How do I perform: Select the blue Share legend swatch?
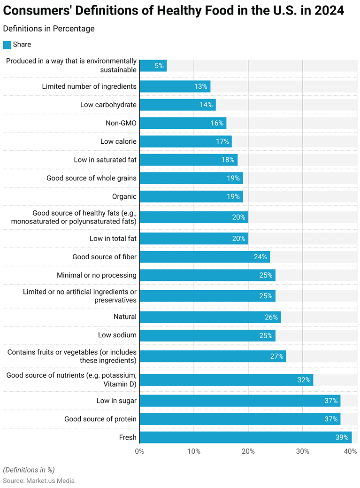7,45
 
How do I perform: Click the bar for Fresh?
245,437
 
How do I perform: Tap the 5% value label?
159,66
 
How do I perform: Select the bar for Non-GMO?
183,123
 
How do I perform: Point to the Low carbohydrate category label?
108,105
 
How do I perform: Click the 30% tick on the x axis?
302,451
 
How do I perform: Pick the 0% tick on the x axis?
139,451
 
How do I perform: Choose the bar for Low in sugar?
239,401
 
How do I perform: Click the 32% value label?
304,380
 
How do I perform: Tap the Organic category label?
124,196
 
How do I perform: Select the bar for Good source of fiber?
205,257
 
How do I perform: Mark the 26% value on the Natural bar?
271,317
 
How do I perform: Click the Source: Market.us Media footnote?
39,480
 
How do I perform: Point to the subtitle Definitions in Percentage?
49,29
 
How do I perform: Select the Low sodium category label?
117,335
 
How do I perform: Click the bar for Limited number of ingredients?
175,86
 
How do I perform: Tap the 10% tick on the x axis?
194,451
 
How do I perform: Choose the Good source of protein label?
100,419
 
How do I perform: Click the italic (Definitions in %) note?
29,470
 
